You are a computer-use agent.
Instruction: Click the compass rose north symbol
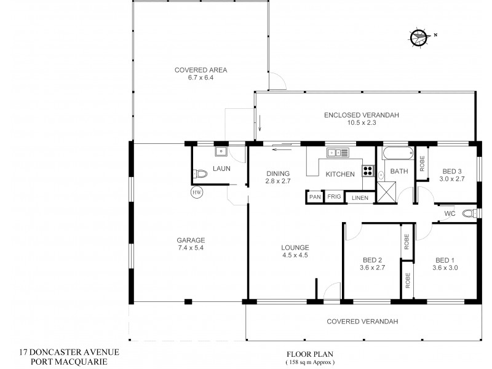coord(419,37)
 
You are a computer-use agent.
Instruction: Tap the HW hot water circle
coord(197,192)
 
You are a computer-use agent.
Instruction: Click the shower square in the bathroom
coord(386,192)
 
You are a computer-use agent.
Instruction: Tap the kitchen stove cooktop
coord(368,172)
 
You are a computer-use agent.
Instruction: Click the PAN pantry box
coord(314,197)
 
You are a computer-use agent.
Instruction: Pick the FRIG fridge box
coord(333,197)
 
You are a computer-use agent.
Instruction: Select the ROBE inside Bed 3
coord(422,163)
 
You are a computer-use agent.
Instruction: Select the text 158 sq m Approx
coord(311,362)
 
